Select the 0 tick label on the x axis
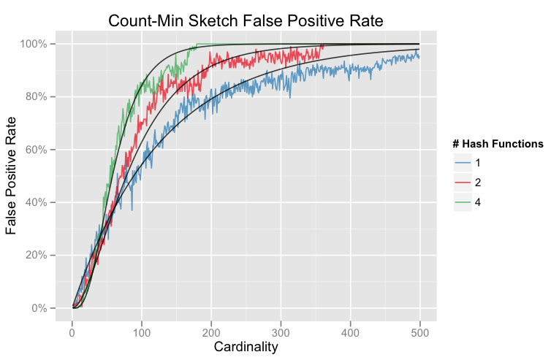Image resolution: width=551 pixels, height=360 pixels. (x=72, y=332)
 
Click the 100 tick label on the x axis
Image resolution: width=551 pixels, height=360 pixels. (x=142, y=332)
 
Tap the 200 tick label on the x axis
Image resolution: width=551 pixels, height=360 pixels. (x=211, y=332)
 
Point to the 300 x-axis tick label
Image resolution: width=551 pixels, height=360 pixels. (x=281, y=332)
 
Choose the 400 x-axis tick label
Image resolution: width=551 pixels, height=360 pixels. (x=351, y=332)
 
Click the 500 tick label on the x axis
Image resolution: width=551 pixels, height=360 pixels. (x=420, y=332)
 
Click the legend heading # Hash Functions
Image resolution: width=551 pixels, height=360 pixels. (x=498, y=144)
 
